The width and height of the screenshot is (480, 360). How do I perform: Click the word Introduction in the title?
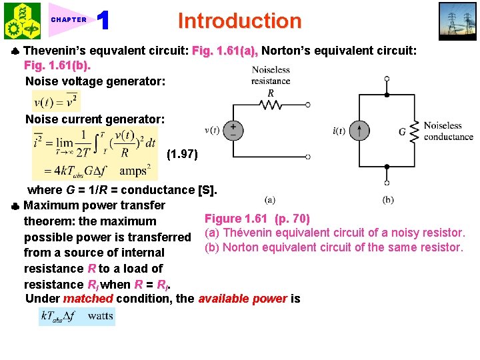(239, 21)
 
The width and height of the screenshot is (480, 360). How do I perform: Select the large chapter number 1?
(103, 21)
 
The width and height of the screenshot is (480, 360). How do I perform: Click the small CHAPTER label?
(69, 20)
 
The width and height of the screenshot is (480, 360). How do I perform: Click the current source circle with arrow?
(360, 130)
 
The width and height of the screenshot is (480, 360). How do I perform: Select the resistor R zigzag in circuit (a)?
(270, 105)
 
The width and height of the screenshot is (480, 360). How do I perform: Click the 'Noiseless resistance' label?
(270, 75)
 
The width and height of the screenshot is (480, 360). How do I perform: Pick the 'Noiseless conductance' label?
(448, 131)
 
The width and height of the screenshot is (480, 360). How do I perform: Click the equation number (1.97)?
(182, 155)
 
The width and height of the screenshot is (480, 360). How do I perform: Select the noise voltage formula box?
(56, 101)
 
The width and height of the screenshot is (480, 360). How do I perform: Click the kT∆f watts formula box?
(77, 315)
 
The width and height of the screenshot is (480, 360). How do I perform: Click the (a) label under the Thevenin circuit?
(270, 199)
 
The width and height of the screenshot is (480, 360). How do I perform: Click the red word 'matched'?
(88, 299)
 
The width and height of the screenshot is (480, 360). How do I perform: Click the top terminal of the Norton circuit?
(387, 79)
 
